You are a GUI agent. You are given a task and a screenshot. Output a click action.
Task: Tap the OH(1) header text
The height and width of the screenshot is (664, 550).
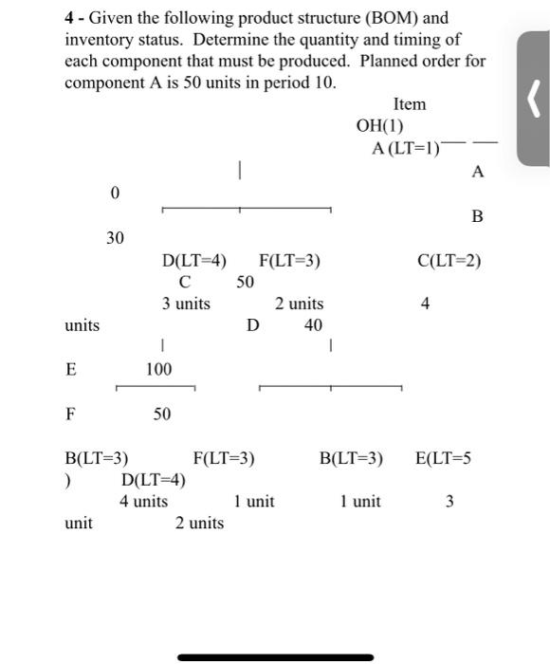pos(379,125)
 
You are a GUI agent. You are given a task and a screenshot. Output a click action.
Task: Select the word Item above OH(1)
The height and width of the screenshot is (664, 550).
pos(409,103)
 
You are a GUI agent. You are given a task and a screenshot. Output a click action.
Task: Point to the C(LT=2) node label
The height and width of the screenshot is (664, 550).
pos(449,260)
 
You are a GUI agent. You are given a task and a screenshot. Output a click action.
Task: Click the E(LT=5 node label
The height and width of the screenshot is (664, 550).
pos(443,459)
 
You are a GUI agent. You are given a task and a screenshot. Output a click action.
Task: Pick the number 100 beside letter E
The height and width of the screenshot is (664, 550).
pos(158,369)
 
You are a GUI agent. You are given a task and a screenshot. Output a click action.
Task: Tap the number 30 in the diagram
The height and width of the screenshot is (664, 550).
pos(114,237)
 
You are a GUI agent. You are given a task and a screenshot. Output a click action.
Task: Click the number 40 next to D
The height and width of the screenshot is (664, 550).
pos(313,325)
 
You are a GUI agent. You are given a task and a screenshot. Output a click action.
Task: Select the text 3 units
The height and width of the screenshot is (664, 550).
pos(186,304)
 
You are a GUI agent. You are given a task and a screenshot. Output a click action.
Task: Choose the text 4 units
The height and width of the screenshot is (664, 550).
pos(143,501)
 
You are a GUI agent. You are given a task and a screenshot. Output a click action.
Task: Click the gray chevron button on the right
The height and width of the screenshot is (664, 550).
pos(533,97)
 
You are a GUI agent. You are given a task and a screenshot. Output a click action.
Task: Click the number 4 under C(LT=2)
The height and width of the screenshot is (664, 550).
pos(426,304)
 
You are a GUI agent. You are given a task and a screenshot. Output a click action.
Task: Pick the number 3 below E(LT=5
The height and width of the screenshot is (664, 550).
pos(449,501)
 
